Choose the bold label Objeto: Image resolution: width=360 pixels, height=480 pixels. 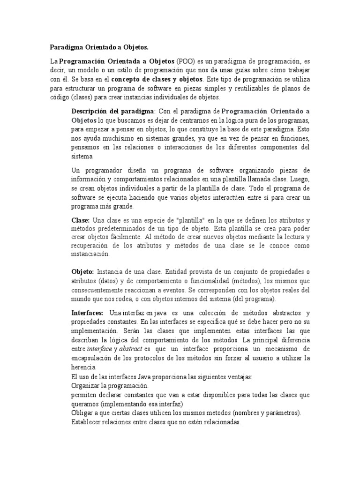[x=82, y=272]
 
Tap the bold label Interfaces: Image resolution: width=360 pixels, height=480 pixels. [x=87, y=312]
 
